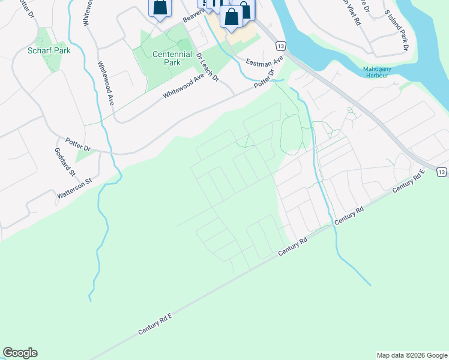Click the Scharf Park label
49,50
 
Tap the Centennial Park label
172,58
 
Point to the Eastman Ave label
264,63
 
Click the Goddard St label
65,162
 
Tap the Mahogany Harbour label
381,72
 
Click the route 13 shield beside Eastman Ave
280,46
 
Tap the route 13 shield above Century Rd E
441,172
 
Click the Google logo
20,353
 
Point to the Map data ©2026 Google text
412,355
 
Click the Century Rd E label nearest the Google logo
154,323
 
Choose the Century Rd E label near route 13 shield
409,181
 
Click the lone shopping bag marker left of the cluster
160,8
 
